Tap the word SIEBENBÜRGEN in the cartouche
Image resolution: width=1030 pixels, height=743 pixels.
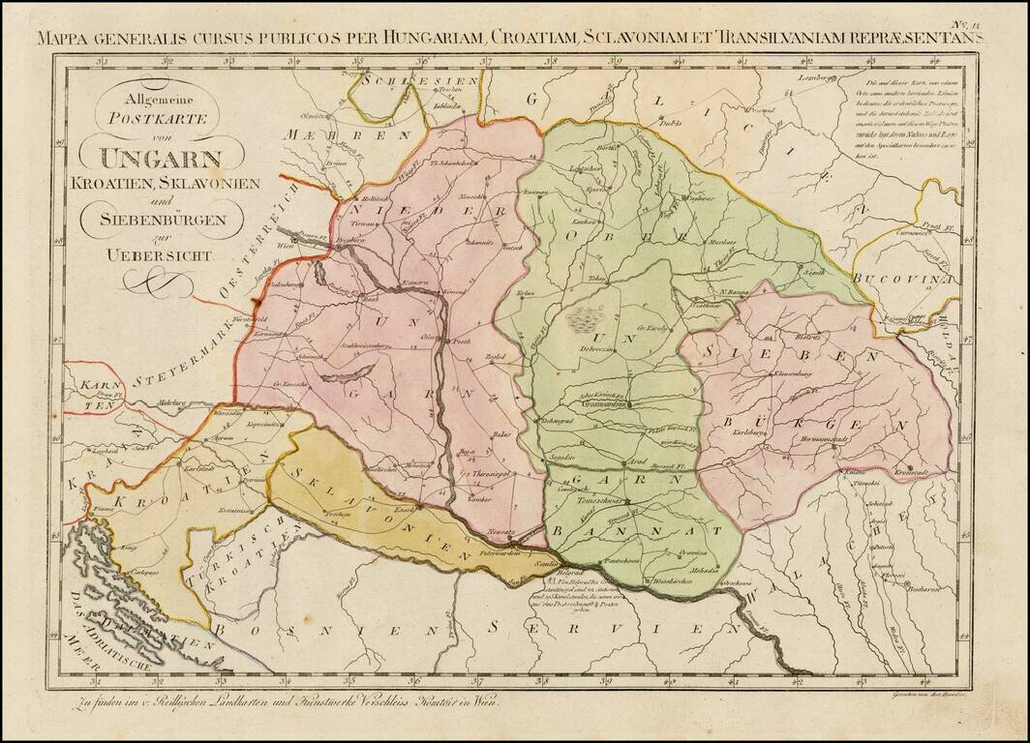[162, 219]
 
